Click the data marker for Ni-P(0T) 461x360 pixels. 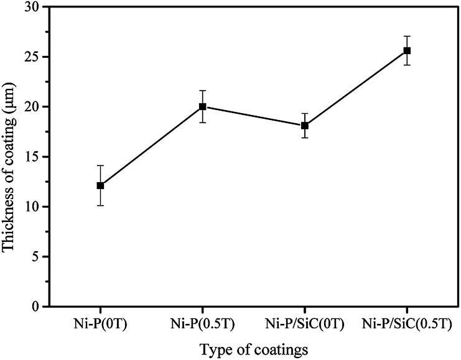[x=100, y=185]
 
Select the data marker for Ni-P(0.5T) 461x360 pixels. [x=203, y=106]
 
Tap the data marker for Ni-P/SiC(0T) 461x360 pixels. [x=305, y=126]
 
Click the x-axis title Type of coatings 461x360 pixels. [x=254, y=349]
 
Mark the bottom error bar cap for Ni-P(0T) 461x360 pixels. [x=100, y=205]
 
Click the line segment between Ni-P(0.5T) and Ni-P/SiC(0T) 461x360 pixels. [x=254, y=116]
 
